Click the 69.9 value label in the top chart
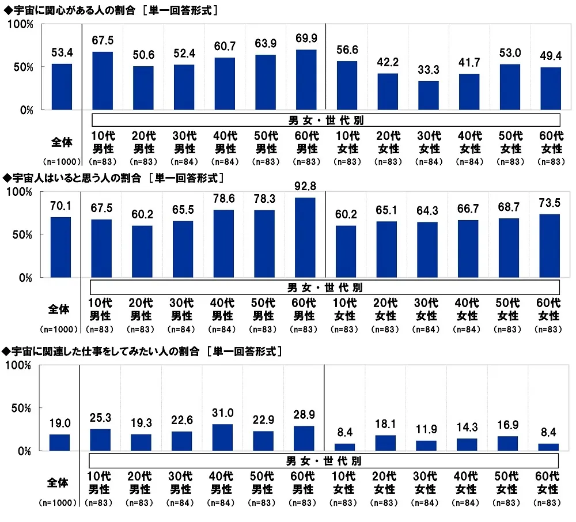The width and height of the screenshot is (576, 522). pyautogui.click(x=306, y=41)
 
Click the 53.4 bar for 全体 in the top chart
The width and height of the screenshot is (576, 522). pyautogui.click(x=62, y=87)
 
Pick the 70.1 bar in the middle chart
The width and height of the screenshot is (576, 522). pyautogui.click(x=62, y=247)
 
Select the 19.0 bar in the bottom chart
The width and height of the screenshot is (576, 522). pyautogui.click(x=59, y=442)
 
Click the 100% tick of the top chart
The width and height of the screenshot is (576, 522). pyautogui.click(x=22, y=24)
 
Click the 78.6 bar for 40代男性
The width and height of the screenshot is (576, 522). pyautogui.click(x=223, y=244)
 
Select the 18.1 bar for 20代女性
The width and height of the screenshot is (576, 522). pyautogui.click(x=385, y=443)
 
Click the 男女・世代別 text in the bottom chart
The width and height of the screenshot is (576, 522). pyautogui.click(x=324, y=461)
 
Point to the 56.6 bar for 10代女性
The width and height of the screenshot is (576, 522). pyautogui.click(x=347, y=85)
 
